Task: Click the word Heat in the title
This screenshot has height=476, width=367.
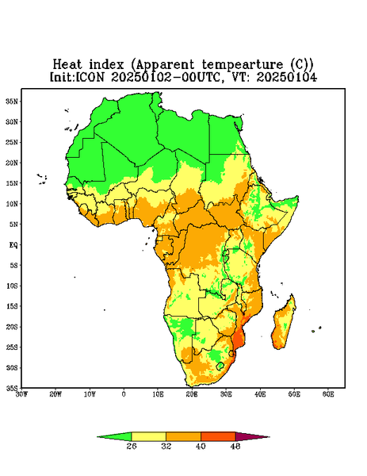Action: click(67, 65)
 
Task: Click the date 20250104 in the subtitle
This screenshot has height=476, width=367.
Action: click(287, 77)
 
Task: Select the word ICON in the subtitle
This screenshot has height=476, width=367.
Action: click(90, 77)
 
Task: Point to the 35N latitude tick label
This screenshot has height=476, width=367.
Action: click(12, 101)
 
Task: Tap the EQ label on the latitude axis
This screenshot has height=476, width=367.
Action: click(13, 244)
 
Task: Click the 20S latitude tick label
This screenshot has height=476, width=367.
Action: click(12, 327)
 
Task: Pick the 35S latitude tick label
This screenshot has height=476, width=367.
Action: click(12, 388)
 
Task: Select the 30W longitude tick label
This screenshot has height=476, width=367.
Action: click(22, 394)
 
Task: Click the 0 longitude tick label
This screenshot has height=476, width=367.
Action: click(124, 394)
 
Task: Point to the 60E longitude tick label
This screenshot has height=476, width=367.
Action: click(328, 394)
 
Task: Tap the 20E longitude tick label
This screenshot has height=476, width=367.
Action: click(192, 394)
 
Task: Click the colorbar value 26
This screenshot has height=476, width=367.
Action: click(132, 446)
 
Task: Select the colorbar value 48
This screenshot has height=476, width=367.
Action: click(235, 446)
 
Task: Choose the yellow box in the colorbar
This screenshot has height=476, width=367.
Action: click(148, 437)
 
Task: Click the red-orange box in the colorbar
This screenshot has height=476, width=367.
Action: click(218, 437)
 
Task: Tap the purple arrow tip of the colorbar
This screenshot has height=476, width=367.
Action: click(269, 437)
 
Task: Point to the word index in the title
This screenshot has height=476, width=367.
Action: click(106, 65)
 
